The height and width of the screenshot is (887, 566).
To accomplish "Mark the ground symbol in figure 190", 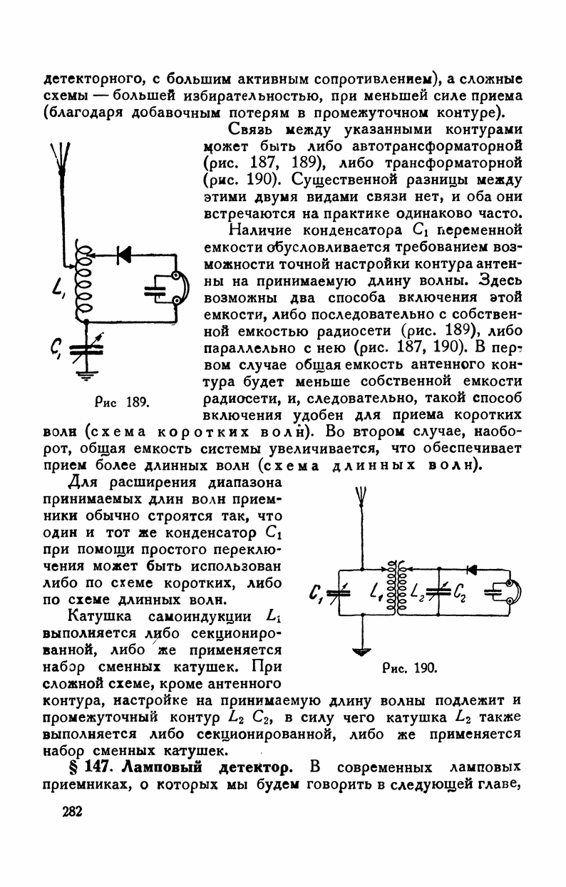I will [363, 650].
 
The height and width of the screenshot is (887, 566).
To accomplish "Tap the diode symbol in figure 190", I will [471, 569].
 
